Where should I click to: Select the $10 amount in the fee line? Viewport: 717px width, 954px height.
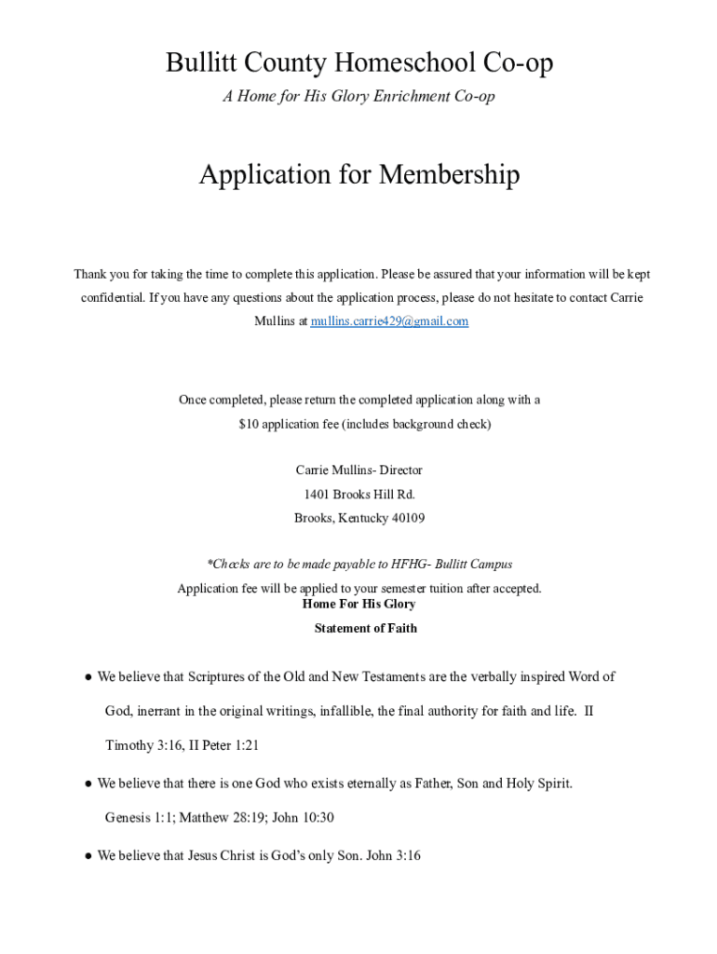249,425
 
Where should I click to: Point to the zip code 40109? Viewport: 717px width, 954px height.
406,518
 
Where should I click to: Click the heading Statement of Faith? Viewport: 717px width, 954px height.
366,629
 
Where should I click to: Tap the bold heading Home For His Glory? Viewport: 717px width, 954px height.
359,605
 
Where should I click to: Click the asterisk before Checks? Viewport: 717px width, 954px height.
210,565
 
